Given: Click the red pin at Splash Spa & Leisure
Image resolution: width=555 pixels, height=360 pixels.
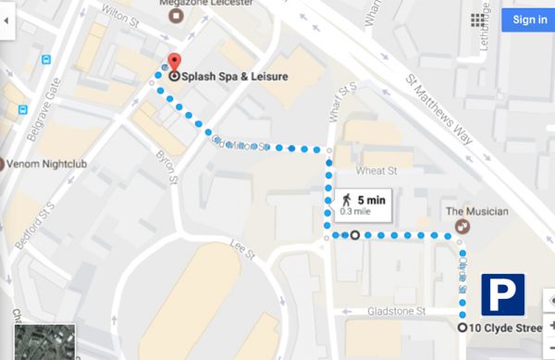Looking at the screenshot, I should pyautogui.click(x=173, y=64).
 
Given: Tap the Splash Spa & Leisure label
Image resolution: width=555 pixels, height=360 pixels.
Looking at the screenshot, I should pyautogui.click(x=235, y=77).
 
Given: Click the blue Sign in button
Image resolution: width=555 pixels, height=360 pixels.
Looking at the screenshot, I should pyautogui.click(x=529, y=19).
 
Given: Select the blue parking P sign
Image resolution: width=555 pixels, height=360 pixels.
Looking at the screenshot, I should pyautogui.click(x=502, y=295).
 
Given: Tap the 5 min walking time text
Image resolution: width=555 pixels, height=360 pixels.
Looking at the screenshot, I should pyautogui.click(x=371, y=199).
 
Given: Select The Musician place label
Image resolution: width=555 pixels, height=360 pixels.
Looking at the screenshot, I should pyautogui.click(x=477, y=212).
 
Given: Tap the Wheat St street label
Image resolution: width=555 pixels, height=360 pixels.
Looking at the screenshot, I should pyautogui.click(x=377, y=171).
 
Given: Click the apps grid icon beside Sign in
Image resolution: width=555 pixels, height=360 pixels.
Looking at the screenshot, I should pyautogui.click(x=479, y=19).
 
